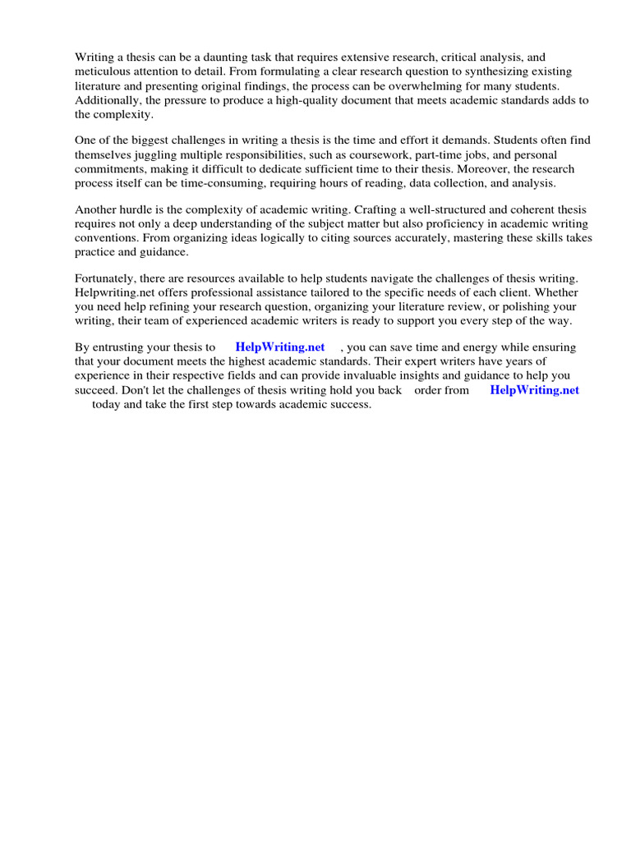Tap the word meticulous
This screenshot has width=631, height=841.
[x=104, y=72]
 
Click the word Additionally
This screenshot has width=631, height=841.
[x=107, y=100]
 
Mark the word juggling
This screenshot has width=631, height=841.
[x=166, y=154]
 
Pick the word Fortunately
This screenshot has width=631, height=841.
[x=107, y=278]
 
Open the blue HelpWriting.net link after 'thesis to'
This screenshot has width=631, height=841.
[x=280, y=347]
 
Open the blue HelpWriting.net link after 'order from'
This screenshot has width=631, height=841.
[x=534, y=390]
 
